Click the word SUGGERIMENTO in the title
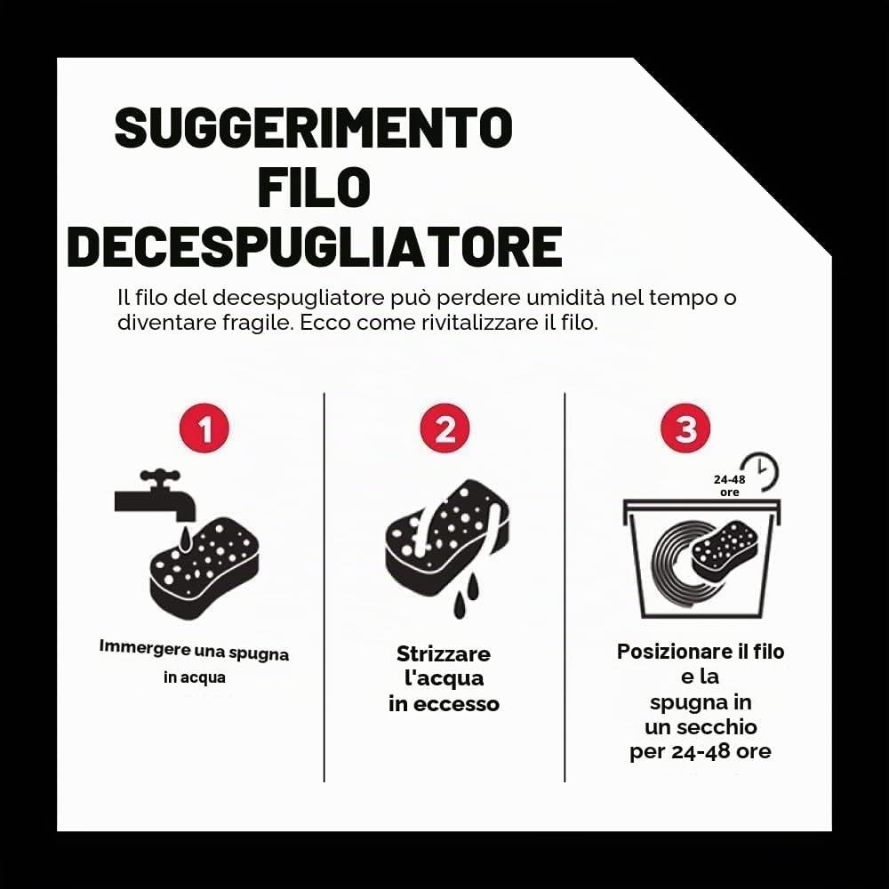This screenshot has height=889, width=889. pyautogui.click(x=314, y=127)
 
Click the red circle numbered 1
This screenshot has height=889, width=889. pyautogui.click(x=204, y=428)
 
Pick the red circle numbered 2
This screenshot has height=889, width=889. pyautogui.click(x=445, y=428)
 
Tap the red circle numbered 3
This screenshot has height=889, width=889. pyautogui.click(x=685, y=428)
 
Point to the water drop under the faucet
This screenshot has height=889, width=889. pyautogui.click(x=184, y=539)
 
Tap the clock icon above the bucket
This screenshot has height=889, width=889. pyautogui.click(x=762, y=470)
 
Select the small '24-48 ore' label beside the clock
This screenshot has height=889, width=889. pyautogui.click(x=729, y=485)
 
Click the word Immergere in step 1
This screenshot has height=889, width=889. pyautogui.click(x=145, y=647)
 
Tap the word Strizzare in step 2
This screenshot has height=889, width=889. pyautogui.click(x=444, y=653)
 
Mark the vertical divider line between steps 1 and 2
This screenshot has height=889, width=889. pyautogui.click(x=324, y=588)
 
